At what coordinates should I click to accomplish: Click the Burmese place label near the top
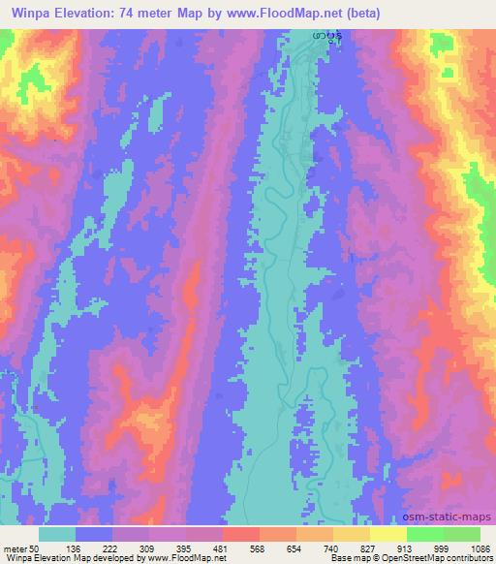[325, 37]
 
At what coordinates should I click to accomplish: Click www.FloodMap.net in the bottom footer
[174, 558]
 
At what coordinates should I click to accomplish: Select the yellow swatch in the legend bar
[387, 533]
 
